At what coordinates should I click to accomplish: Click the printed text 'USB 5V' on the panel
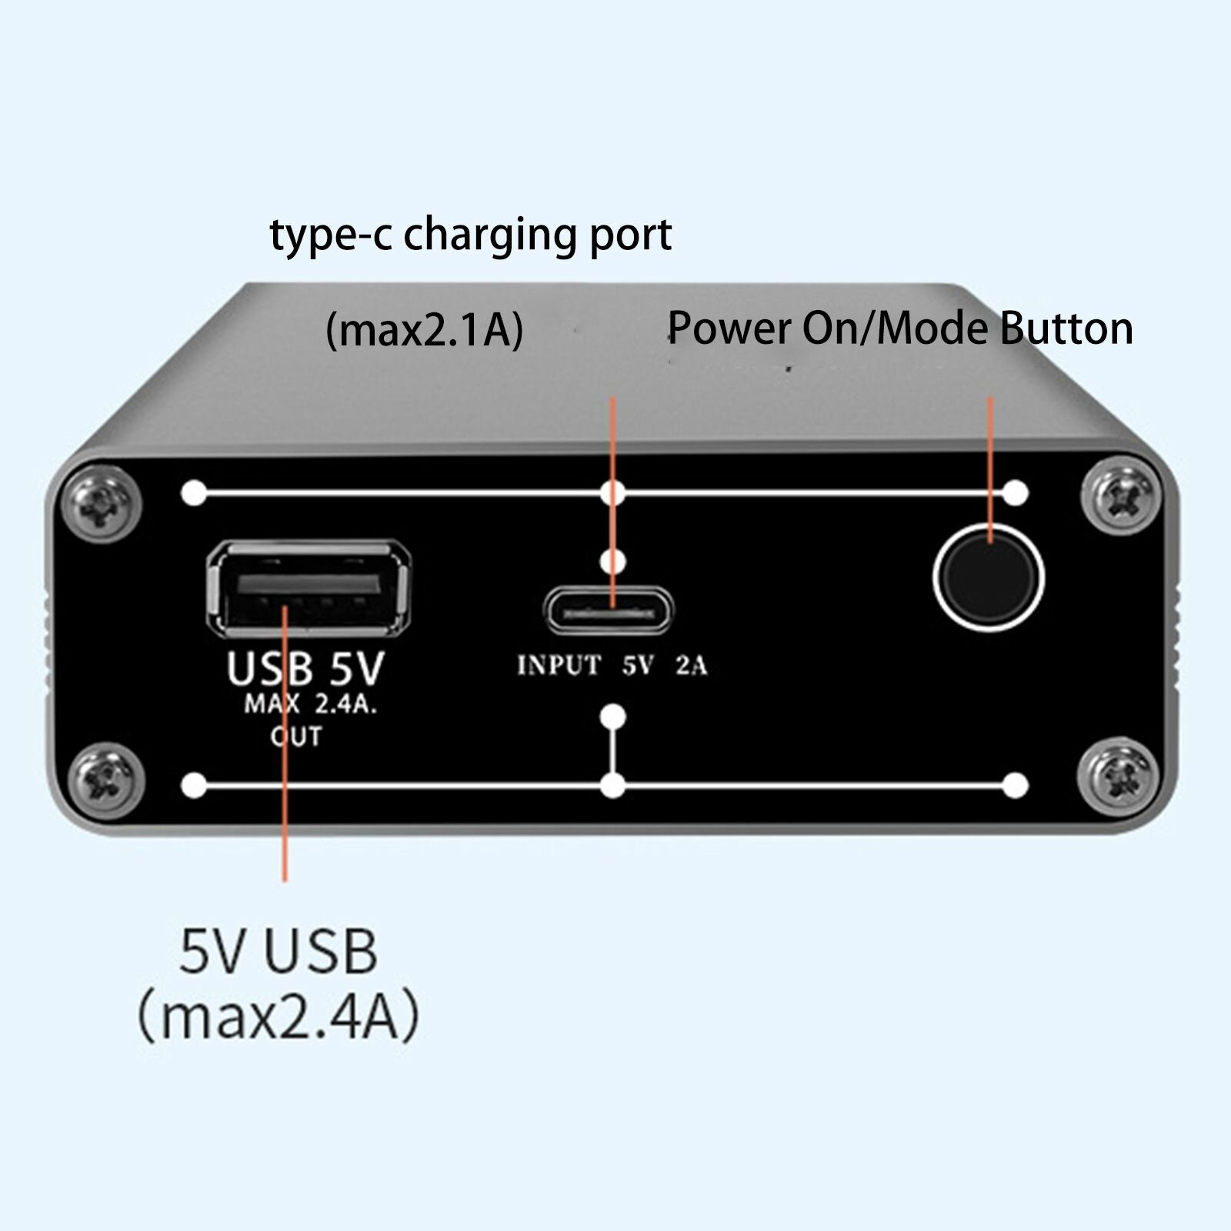click(305, 668)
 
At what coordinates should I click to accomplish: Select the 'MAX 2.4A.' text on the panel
click(310, 705)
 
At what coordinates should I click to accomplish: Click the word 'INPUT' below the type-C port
click(559, 665)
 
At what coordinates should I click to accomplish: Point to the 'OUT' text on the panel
click(296, 736)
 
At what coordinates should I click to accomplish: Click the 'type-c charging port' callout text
click(470, 234)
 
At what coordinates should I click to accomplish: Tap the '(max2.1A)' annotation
click(424, 330)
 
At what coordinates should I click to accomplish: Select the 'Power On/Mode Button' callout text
click(899, 329)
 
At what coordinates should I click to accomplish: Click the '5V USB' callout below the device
click(278, 951)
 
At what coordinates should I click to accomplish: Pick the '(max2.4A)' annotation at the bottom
click(278, 1016)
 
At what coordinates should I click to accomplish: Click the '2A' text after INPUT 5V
click(691, 665)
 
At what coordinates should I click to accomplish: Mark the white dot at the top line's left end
click(194, 492)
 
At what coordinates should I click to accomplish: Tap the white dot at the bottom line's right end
click(1016, 786)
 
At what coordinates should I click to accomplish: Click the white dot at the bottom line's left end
click(194, 786)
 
